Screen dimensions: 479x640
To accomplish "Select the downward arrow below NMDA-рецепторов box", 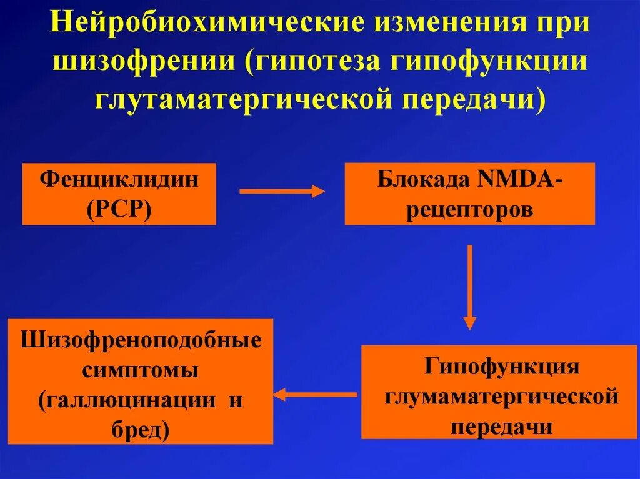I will (x=469, y=287).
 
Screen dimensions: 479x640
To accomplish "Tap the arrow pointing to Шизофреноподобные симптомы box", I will (x=316, y=394).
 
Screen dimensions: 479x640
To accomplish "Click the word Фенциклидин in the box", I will (x=119, y=181).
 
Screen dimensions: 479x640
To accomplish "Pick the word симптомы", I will (x=141, y=370).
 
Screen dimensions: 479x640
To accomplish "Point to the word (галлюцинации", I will (x=126, y=400).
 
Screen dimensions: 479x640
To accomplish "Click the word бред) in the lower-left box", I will (x=141, y=430).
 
